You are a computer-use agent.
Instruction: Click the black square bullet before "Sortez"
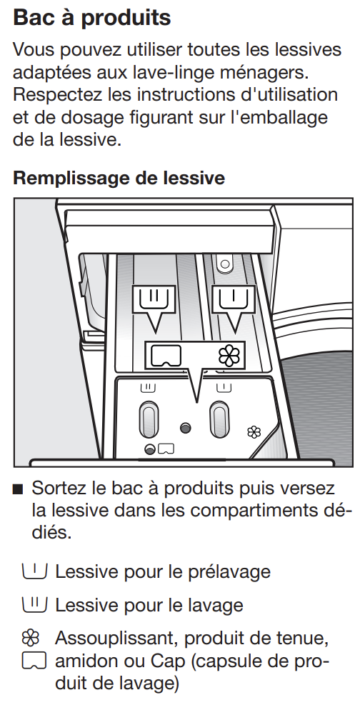pos(18,489)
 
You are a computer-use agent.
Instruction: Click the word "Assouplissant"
pos(116,639)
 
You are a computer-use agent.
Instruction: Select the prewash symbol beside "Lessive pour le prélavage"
pos(34,570)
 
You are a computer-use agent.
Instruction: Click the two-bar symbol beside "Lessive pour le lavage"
pos(34,604)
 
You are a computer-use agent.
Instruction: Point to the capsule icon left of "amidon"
pos(34,661)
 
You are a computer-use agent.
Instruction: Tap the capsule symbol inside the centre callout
pos(166,356)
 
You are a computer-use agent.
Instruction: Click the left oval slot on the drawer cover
pos(149,420)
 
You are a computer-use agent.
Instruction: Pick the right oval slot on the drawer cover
pos(219,420)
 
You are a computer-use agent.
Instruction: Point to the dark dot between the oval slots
pos(185,428)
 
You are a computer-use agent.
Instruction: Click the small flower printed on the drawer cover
pos(254,432)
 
